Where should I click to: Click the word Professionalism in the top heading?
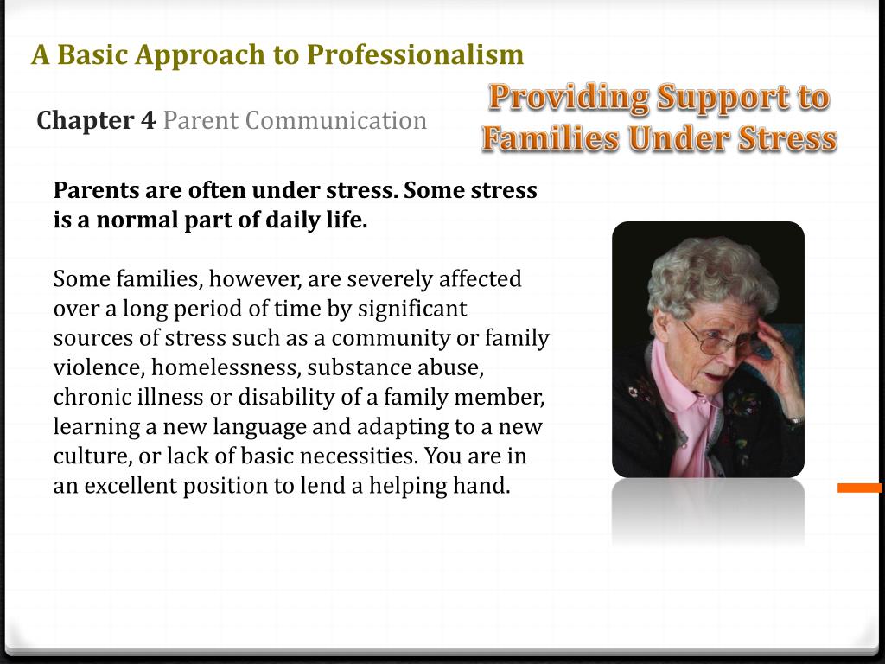[x=415, y=55]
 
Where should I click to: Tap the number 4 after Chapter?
[x=148, y=120]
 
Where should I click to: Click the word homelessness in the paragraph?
[x=224, y=367]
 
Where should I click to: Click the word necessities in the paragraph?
[x=361, y=456]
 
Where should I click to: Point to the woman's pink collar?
[x=683, y=389]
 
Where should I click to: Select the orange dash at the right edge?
[x=859, y=488]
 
